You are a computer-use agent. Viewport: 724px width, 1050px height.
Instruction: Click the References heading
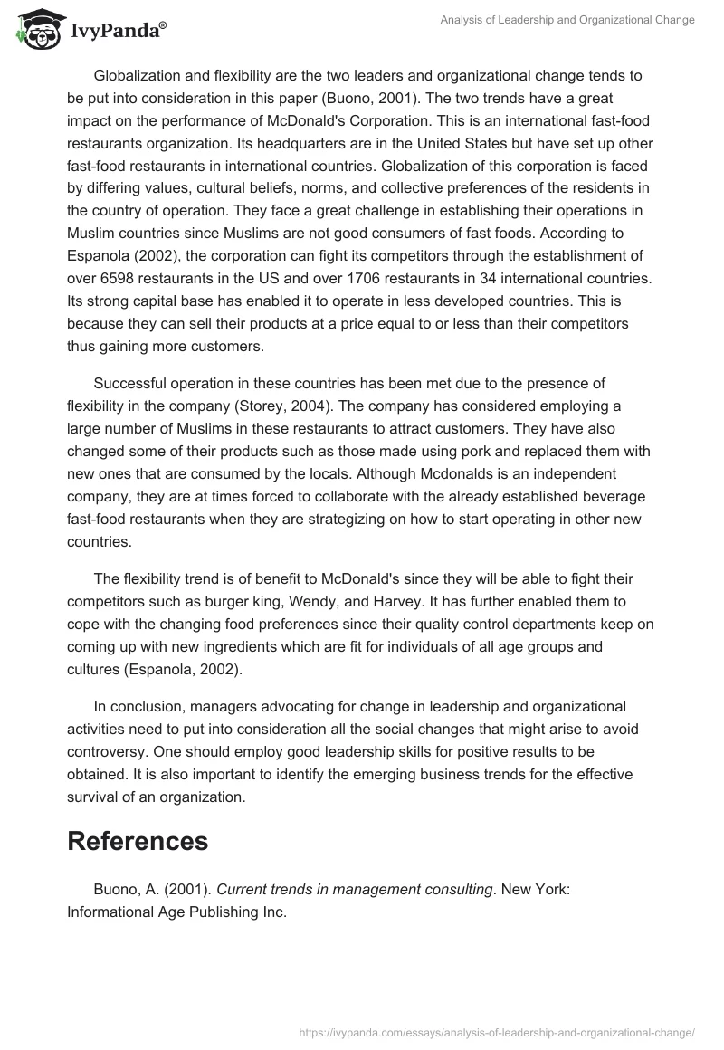[x=138, y=840]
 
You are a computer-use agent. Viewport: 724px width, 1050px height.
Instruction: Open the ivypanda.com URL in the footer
[x=496, y=1030]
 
